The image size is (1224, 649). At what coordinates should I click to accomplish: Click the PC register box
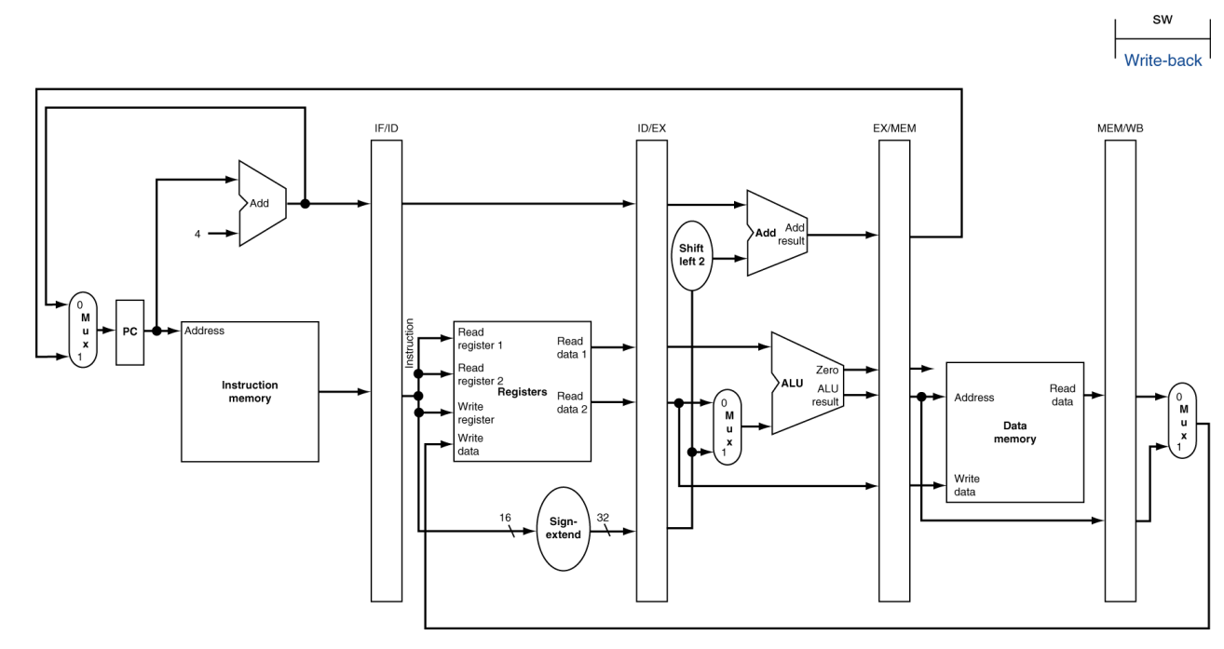click(x=130, y=332)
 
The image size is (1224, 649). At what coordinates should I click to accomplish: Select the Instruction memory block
click(x=250, y=392)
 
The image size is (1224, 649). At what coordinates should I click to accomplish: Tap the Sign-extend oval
click(x=564, y=529)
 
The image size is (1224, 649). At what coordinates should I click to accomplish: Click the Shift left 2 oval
click(x=692, y=255)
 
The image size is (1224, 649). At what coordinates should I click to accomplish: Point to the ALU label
click(x=792, y=383)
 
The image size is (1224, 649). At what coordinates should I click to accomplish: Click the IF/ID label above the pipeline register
click(x=387, y=128)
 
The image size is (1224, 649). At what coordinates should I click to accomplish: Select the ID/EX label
click(x=651, y=128)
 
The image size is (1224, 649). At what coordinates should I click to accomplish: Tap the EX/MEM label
click(x=894, y=128)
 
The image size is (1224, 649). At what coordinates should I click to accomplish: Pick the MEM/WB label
click(x=1121, y=128)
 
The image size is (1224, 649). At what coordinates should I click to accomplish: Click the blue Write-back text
click(x=1163, y=61)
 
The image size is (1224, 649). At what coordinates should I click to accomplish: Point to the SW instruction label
click(x=1163, y=20)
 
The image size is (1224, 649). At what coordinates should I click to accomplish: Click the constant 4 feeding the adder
click(x=197, y=234)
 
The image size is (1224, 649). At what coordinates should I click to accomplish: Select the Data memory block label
click(x=1014, y=432)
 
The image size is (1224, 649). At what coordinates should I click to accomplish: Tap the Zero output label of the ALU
click(x=827, y=370)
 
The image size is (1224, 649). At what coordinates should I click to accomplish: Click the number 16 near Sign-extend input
click(x=505, y=518)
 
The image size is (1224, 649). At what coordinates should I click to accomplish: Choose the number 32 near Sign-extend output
click(x=603, y=518)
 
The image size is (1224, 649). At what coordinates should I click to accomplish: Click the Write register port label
click(x=475, y=413)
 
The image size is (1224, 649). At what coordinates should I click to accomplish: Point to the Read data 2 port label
click(x=572, y=402)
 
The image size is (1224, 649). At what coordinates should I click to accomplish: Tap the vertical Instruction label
click(x=409, y=344)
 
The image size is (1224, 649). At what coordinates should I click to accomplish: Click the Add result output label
click(x=791, y=234)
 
